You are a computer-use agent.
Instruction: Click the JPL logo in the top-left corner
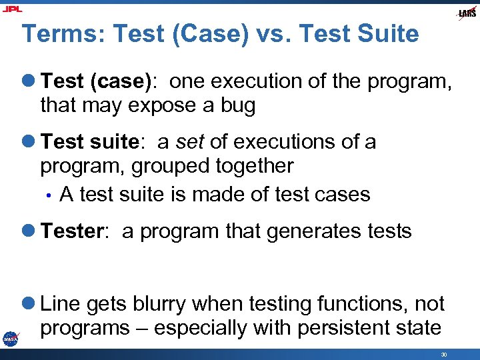11,9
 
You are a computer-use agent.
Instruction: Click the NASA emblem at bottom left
10,339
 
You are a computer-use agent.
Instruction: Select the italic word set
189,142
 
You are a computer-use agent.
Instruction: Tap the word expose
162,106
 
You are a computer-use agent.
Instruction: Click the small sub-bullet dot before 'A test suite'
49,195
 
